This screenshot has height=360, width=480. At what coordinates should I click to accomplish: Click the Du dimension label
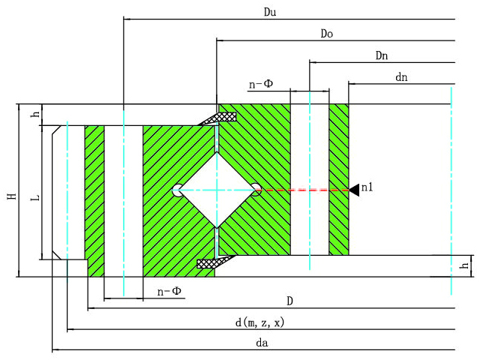(x=270, y=12)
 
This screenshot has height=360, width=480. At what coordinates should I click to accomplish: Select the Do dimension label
(x=327, y=34)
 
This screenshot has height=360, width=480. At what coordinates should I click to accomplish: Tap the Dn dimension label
(x=382, y=55)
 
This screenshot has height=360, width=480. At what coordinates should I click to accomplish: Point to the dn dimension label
(x=401, y=77)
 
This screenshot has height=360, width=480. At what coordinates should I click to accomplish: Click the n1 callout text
(x=367, y=187)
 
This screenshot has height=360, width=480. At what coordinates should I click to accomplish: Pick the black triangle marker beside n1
(x=354, y=190)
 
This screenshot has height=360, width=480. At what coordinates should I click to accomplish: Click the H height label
(x=12, y=196)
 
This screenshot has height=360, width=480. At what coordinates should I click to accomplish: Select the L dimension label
(x=35, y=197)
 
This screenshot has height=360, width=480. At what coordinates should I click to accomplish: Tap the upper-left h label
(x=36, y=113)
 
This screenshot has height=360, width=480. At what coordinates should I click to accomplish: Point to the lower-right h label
(x=465, y=265)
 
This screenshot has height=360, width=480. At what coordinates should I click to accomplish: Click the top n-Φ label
(x=261, y=84)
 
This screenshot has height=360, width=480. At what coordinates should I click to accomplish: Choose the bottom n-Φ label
(x=169, y=291)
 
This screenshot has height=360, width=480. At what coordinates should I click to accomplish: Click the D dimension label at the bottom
(x=289, y=301)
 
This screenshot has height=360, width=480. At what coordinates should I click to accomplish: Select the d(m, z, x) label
(x=259, y=322)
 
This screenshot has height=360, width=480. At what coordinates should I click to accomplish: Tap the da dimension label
(x=262, y=343)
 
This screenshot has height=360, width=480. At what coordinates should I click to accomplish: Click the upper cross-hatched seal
(x=218, y=118)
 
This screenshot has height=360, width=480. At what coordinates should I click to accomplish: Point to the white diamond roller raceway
(x=217, y=190)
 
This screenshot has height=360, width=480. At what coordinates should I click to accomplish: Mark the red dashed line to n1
(x=303, y=190)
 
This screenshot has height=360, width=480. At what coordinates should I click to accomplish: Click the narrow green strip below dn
(x=339, y=180)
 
